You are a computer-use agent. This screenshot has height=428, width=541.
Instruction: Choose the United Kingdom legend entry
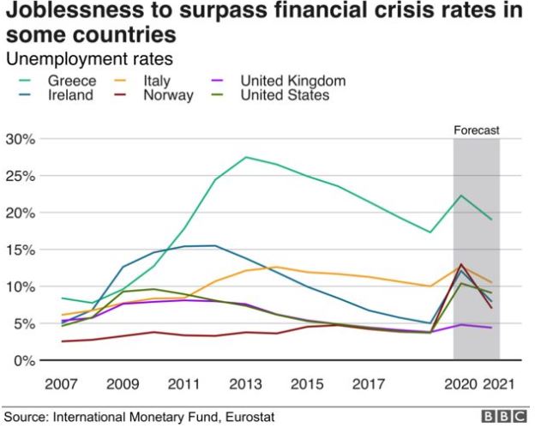[x=292, y=81]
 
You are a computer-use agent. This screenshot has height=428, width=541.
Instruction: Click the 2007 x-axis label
[x=63, y=383]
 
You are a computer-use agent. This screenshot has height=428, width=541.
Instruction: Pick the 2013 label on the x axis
[x=246, y=383]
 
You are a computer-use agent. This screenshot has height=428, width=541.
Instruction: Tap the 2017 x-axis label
[x=368, y=383]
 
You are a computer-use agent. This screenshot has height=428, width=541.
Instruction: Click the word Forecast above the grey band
[x=476, y=131]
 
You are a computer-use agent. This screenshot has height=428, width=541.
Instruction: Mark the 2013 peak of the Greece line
[x=246, y=157]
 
